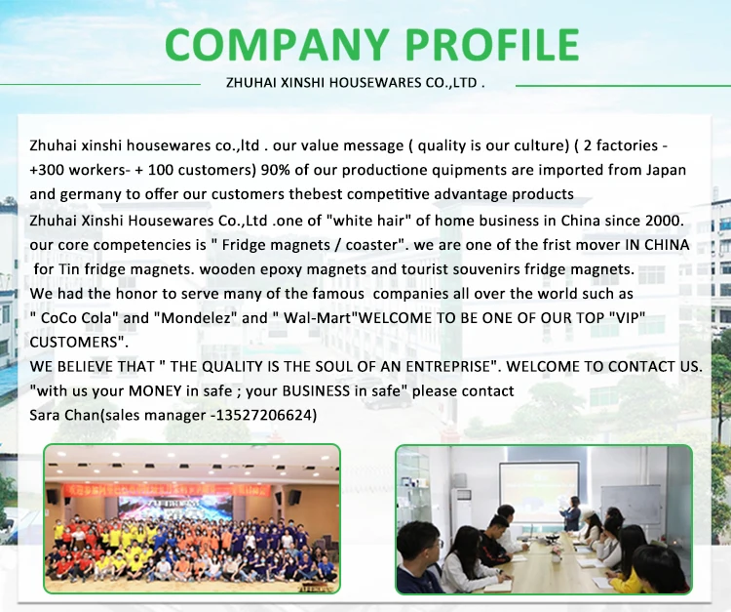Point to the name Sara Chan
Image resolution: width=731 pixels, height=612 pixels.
tap(64, 415)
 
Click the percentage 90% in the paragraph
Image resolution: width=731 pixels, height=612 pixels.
tap(276, 170)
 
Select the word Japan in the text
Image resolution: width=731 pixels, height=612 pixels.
tap(667, 170)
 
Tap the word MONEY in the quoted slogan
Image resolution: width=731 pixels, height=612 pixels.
tap(155, 390)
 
